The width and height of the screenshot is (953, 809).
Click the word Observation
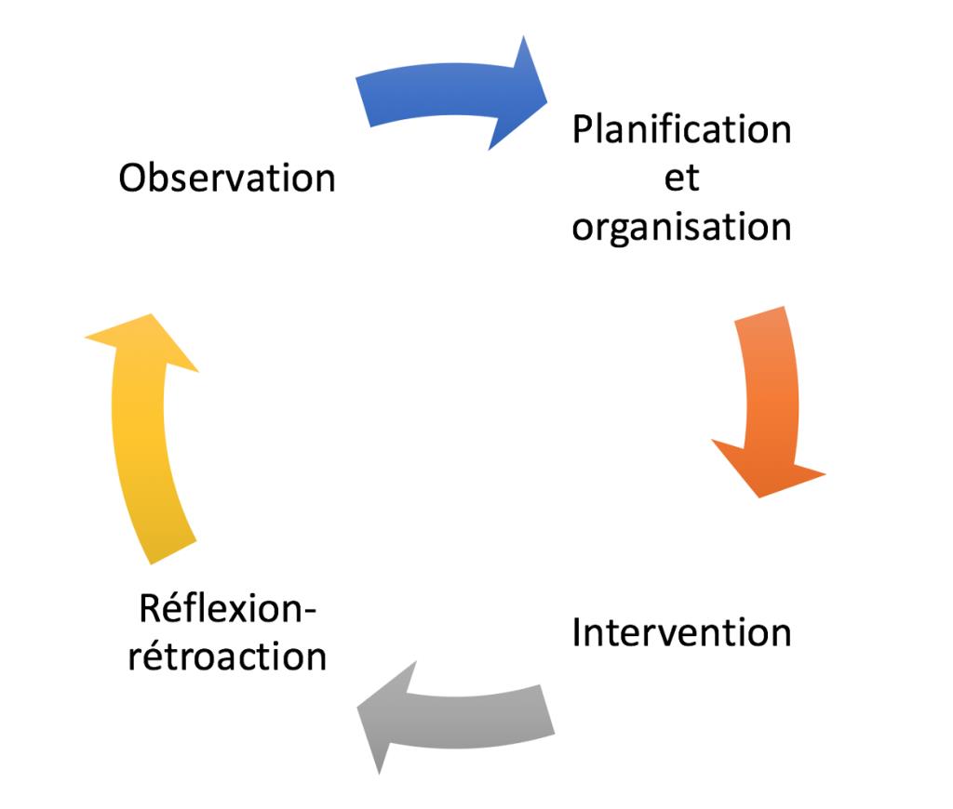coord(227,178)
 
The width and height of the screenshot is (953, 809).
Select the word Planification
coord(681,129)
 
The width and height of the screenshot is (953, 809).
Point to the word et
coord(681,178)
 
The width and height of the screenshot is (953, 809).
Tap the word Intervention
coord(681,633)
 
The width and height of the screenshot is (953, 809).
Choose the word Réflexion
coord(220,608)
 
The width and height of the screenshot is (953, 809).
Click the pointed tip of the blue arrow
coord(547,102)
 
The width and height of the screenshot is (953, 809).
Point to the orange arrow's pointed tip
coord(759,497)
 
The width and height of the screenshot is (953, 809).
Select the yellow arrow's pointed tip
coord(150,314)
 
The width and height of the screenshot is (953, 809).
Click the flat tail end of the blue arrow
coord(363,101)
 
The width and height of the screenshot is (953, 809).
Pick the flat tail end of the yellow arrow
coord(173,552)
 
